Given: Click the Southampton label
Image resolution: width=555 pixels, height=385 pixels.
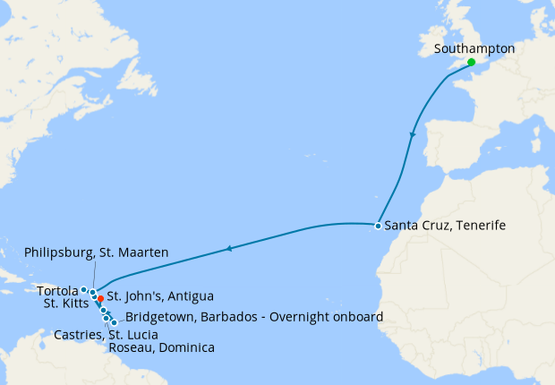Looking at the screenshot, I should [474, 49].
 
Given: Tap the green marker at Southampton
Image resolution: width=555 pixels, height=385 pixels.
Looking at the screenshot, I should [471, 63].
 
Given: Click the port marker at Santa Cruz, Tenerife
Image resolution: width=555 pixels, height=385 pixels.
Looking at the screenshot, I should [378, 226].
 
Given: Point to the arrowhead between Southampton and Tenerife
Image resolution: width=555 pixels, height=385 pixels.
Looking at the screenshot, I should [412, 135].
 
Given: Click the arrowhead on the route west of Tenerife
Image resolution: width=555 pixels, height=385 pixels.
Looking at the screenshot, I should [229, 248].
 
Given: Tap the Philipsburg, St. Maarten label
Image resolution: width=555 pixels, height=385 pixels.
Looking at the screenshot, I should [97, 253].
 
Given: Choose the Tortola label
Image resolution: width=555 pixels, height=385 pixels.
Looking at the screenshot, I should [58, 290].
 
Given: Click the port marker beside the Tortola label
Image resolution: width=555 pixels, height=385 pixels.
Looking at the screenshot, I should [83, 289].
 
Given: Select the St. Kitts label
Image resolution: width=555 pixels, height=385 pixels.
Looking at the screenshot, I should [64, 303].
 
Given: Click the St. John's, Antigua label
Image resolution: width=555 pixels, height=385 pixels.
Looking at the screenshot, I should [160, 295].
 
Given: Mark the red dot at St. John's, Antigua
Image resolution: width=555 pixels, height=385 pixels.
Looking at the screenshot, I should [100, 298].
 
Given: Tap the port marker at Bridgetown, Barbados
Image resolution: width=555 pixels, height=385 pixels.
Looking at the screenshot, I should [114, 322].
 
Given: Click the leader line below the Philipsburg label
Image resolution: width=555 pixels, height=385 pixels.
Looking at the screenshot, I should [93, 273].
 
